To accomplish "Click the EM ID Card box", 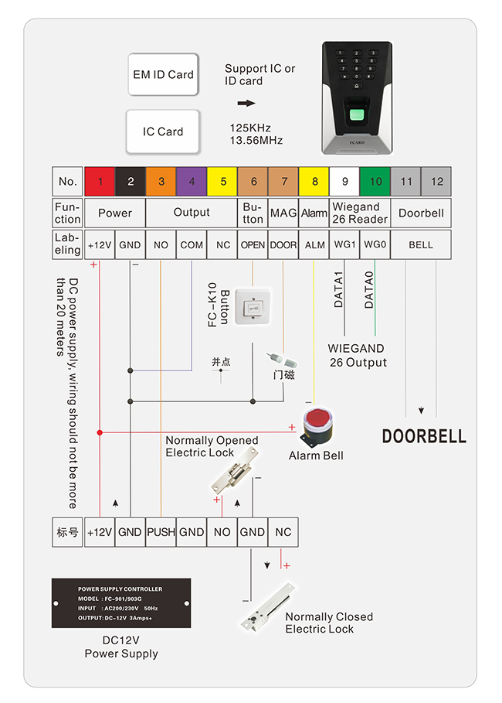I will click(x=163, y=74).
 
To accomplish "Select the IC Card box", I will click(x=163, y=131).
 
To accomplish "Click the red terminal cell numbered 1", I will click(x=100, y=182).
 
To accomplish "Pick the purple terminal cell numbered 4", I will click(x=192, y=182).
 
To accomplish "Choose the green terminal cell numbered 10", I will click(x=375, y=182).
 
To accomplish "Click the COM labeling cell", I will click(x=192, y=244).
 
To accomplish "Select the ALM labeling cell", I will click(x=314, y=244).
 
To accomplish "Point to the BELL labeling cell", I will click(x=421, y=244).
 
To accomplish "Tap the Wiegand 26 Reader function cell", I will click(x=360, y=213).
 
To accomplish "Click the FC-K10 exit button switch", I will click(x=253, y=307).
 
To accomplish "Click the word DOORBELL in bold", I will click(x=424, y=436).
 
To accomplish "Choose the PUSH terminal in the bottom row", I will click(x=161, y=532).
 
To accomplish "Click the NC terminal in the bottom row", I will click(x=283, y=532).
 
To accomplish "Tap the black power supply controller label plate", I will click(x=120, y=603).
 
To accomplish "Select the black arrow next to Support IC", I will click(x=246, y=103).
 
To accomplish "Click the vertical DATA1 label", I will click(x=338, y=290).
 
